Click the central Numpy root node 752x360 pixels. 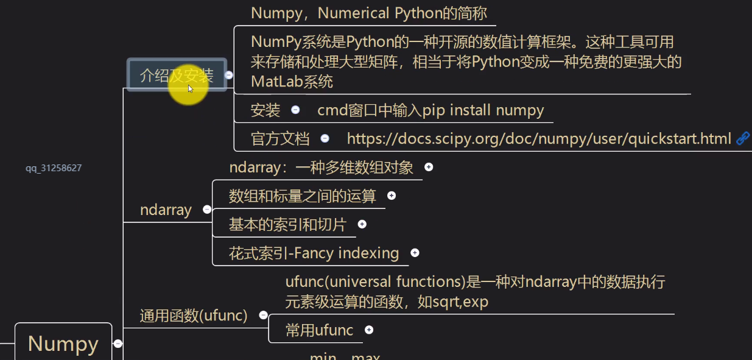63,344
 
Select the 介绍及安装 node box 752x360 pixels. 177,76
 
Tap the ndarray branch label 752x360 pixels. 166,210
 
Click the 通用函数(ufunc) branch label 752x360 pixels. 194,316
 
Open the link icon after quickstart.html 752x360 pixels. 743,138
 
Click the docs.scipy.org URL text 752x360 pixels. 538,139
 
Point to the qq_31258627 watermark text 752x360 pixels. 54,168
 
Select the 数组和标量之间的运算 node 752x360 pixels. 303,196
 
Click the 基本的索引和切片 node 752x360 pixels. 287,225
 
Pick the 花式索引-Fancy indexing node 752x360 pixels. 314,253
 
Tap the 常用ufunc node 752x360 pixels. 319,330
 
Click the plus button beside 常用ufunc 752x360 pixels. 369,330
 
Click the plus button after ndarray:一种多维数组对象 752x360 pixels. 429,167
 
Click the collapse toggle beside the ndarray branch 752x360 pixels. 207,210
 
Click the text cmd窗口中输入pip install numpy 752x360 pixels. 430,110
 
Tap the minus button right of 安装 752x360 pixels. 295,110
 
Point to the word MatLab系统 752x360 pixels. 292,81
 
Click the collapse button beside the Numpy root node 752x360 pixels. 118,344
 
